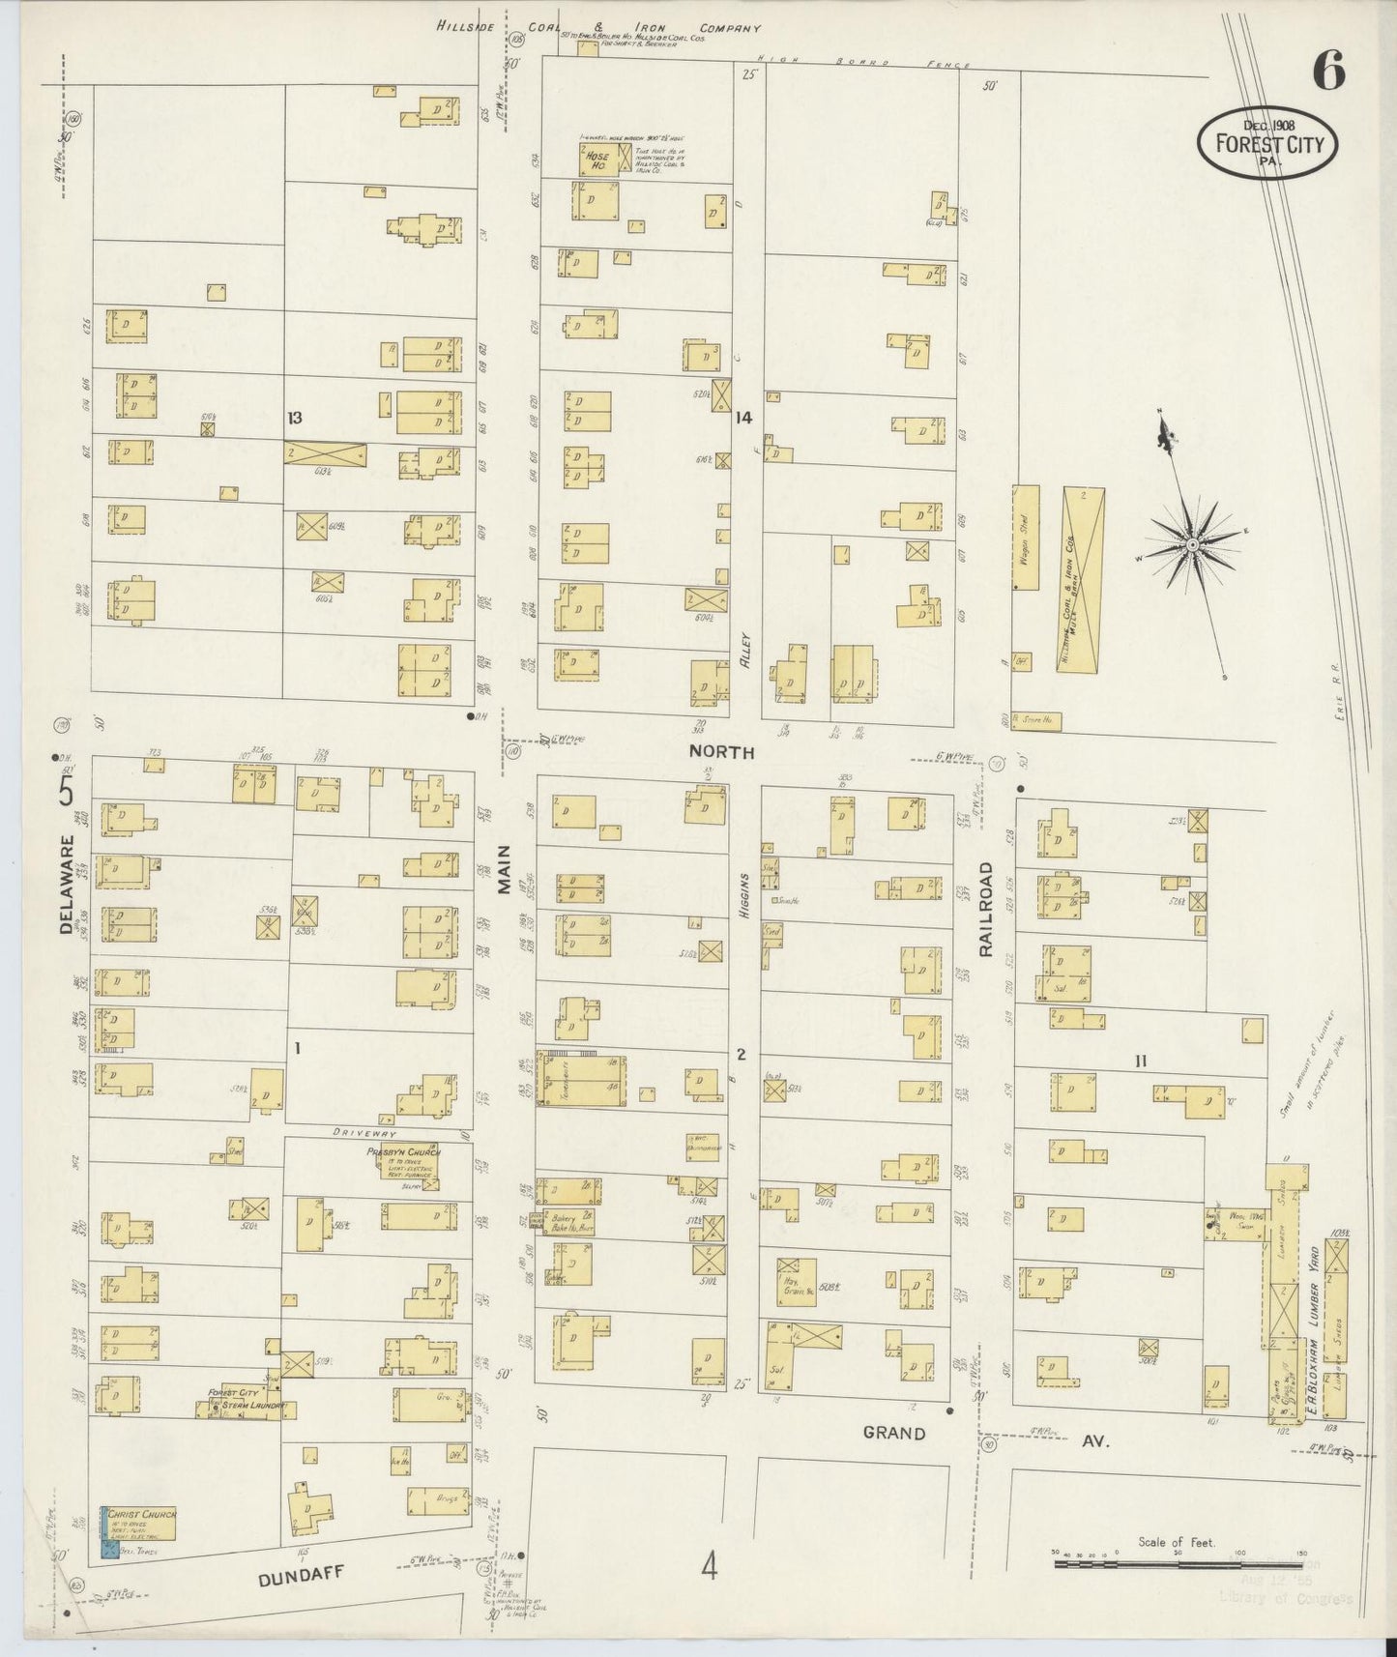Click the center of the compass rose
[x=1194, y=545]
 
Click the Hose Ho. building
[x=599, y=160]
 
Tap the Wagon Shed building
[x=1025, y=538]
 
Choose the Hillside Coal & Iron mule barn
[x=1082, y=580]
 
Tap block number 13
[x=294, y=418]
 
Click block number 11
[x=1141, y=1061]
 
